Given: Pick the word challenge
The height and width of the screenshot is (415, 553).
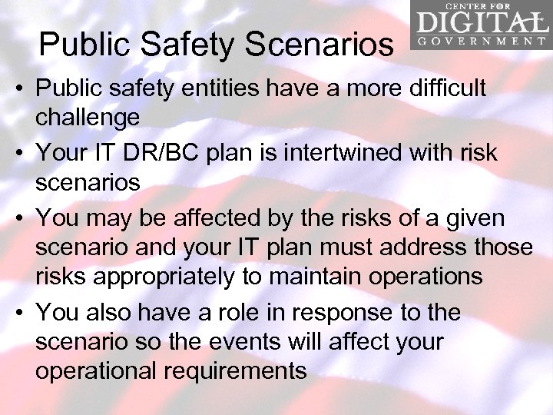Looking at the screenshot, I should (x=87, y=118).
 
